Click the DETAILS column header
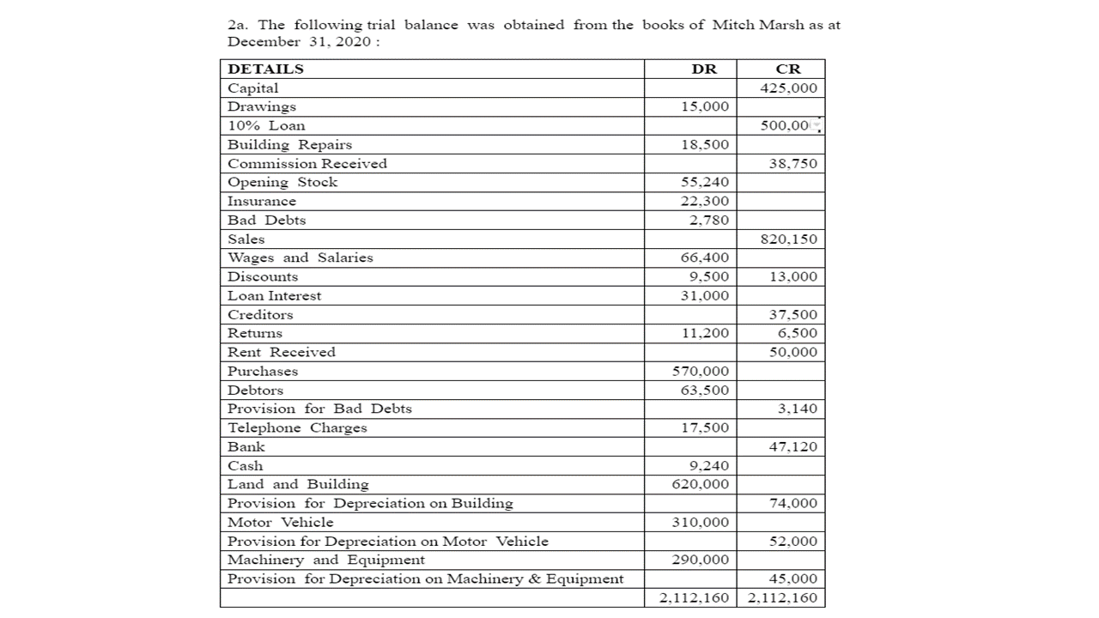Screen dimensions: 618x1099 [265, 69]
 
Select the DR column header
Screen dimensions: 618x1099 [703, 69]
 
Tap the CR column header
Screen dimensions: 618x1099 [787, 69]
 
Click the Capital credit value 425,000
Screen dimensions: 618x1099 [788, 88]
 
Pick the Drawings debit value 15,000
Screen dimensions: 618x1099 [704, 106]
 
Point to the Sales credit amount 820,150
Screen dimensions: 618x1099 [788, 239]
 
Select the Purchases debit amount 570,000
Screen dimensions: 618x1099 [700, 371]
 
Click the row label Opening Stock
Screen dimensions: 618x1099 [282, 182]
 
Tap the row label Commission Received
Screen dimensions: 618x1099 [307, 163]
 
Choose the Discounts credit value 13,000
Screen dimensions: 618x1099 [792, 276]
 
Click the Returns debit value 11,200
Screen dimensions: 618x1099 [704, 333]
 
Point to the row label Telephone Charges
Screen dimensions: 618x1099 [297, 427]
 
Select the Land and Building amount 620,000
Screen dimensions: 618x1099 [700, 484]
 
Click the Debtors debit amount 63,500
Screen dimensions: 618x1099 [704, 390]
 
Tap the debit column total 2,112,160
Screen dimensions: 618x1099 [694, 597]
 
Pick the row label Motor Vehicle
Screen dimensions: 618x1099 [280, 522]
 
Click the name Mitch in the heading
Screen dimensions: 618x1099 [732, 25]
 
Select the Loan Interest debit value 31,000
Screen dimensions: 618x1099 [704, 295]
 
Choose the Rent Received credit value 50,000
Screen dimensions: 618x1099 [792, 352]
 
